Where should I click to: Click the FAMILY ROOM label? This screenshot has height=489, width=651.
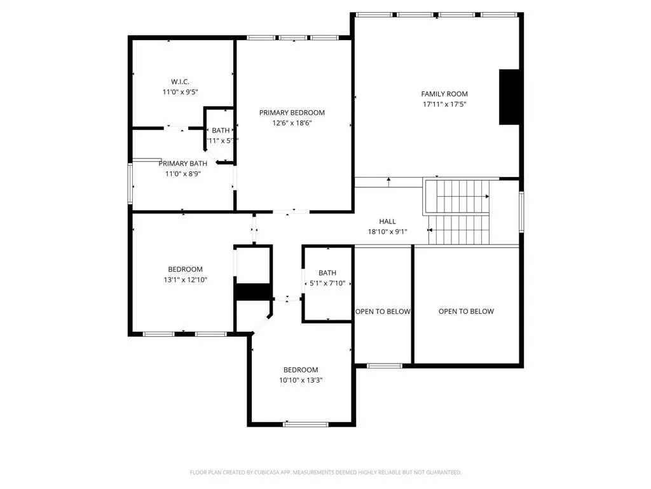tap(444, 94)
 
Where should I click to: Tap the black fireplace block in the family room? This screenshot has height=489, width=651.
tap(509, 97)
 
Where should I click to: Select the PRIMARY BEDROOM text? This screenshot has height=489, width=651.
tap(292, 113)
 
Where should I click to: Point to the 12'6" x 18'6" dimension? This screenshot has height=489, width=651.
tap(292, 123)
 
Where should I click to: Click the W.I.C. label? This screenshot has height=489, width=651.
tap(181, 81)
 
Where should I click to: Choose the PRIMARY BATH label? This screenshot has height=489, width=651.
tap(182, 164)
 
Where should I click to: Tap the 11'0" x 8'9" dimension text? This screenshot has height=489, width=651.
tap(182, 173)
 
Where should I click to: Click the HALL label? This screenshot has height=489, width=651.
tap(387, 222)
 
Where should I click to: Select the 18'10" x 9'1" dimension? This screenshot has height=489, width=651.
tap(387, 232)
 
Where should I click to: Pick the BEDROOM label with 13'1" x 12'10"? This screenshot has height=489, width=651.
tap(185, 269)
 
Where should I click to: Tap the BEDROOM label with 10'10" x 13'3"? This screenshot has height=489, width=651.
tap(301, 370)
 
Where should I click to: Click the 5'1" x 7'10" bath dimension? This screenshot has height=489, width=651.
tap(327, 283)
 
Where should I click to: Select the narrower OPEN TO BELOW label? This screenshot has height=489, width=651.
tap(383, 311)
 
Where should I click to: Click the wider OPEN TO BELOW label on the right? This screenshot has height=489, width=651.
tap(466, 311)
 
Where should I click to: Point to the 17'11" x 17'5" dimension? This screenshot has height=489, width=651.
tap(444, 104)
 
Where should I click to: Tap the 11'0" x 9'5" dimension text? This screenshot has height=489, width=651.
tap(181, 92)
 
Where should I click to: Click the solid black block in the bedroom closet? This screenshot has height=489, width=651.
tap(254, 292)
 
